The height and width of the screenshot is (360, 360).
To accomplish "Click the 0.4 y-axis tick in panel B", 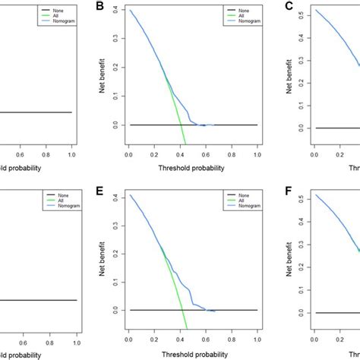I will coord(115,11).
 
